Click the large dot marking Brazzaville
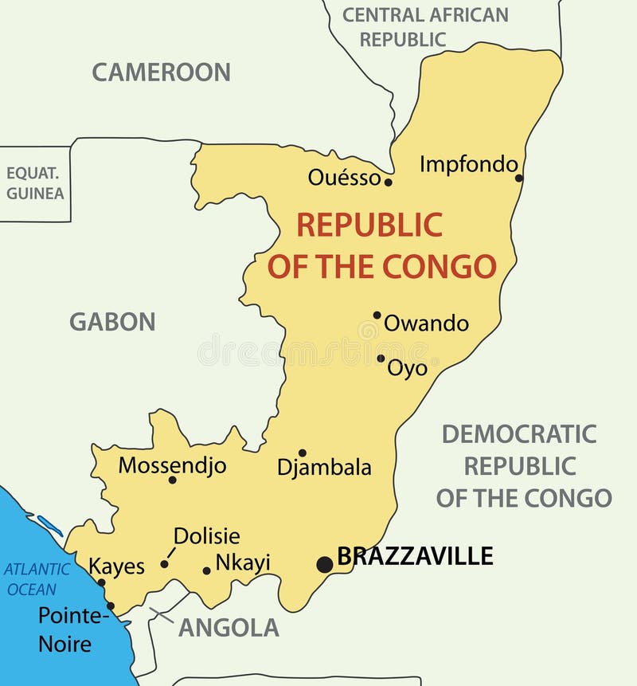click(x=324, y=564)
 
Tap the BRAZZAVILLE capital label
click(x=415, y=555)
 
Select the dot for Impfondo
click(x=519, y=178)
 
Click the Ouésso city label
click(x=345, y=178)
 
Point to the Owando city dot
click(x=377, y=315)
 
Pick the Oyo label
click(x=407, y=368)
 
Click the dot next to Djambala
click(x=303, y=453)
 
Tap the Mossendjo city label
click(x=172, y=465)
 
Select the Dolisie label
click(x=206, y=536)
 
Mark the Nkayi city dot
click(x=206, y=570)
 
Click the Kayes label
click(x=116, y=566)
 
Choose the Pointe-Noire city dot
click(x=111, y=606)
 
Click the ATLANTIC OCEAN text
click(x=37, y=579)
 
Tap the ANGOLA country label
click(x=229, y=628)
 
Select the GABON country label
click(x=112, y=322)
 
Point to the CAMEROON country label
click(x=161, y=72)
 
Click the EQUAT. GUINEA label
click(x=35, y=183)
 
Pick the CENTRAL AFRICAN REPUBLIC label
click(x=424, y=26)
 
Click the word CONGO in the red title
click(x=440, y=266)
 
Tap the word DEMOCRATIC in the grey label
click(x=519, y=433)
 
